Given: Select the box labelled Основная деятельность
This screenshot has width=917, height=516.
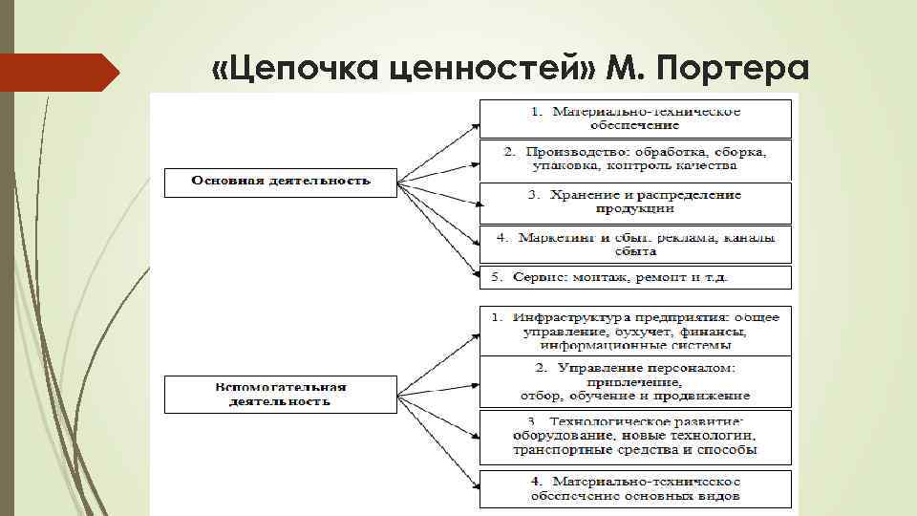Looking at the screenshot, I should [x=280, y=182].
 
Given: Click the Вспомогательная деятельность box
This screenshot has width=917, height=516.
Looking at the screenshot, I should [x=280, y=395].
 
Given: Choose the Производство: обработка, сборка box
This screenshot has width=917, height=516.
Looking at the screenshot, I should [x=635, y=159].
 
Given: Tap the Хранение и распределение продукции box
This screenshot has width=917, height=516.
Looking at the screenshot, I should [x=635, y=203].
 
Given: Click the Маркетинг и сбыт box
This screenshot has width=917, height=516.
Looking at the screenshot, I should [x=635, y=244].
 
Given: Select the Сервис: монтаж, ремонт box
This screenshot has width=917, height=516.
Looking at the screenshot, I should [x=635, y=277].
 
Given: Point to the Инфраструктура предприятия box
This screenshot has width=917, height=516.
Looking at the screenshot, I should [x=635, y=329].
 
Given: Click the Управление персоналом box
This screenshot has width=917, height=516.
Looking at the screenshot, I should [x=635, y=381].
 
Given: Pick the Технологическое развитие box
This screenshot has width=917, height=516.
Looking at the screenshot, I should [x=635, y=436].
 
